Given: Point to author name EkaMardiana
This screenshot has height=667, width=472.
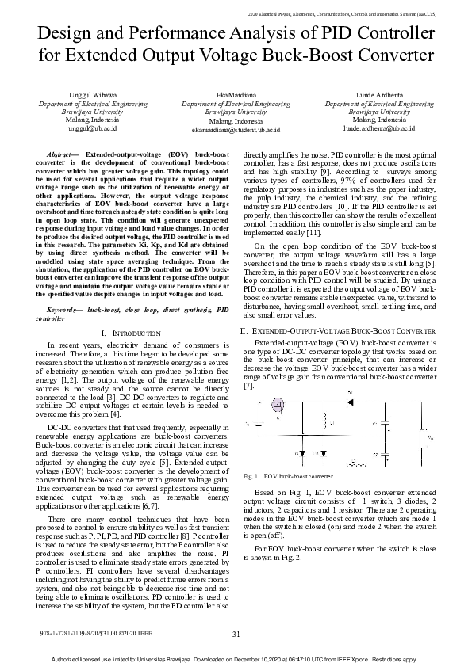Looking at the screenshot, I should tap(236, 95).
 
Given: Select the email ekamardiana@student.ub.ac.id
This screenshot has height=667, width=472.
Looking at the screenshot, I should tap(236, 128).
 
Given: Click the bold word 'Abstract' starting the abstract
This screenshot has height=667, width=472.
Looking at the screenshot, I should tap(62, 151).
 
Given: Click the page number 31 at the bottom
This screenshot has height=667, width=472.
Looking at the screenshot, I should tap(236, 634).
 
